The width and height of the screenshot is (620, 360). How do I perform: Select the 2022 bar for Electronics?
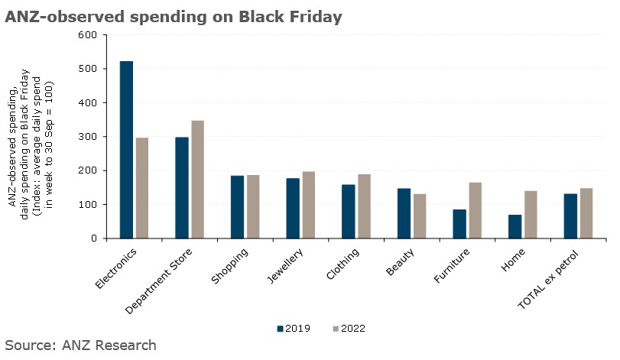(x=142, y=188)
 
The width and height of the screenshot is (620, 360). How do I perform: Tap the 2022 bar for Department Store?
(x=197, y=180)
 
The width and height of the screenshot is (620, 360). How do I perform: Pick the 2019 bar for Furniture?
(x=459, y=224)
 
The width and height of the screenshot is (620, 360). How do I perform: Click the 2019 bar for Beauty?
(x=404, y=213)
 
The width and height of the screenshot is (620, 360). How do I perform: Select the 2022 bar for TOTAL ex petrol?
(x=586, y=213)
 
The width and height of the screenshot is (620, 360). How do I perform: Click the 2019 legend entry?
(x=294, y=329)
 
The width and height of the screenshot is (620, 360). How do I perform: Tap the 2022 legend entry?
(x=349, y=329)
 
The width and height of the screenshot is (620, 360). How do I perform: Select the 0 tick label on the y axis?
(x=93, y=238)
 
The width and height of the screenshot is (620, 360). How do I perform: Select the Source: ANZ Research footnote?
(x=80, y=345)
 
